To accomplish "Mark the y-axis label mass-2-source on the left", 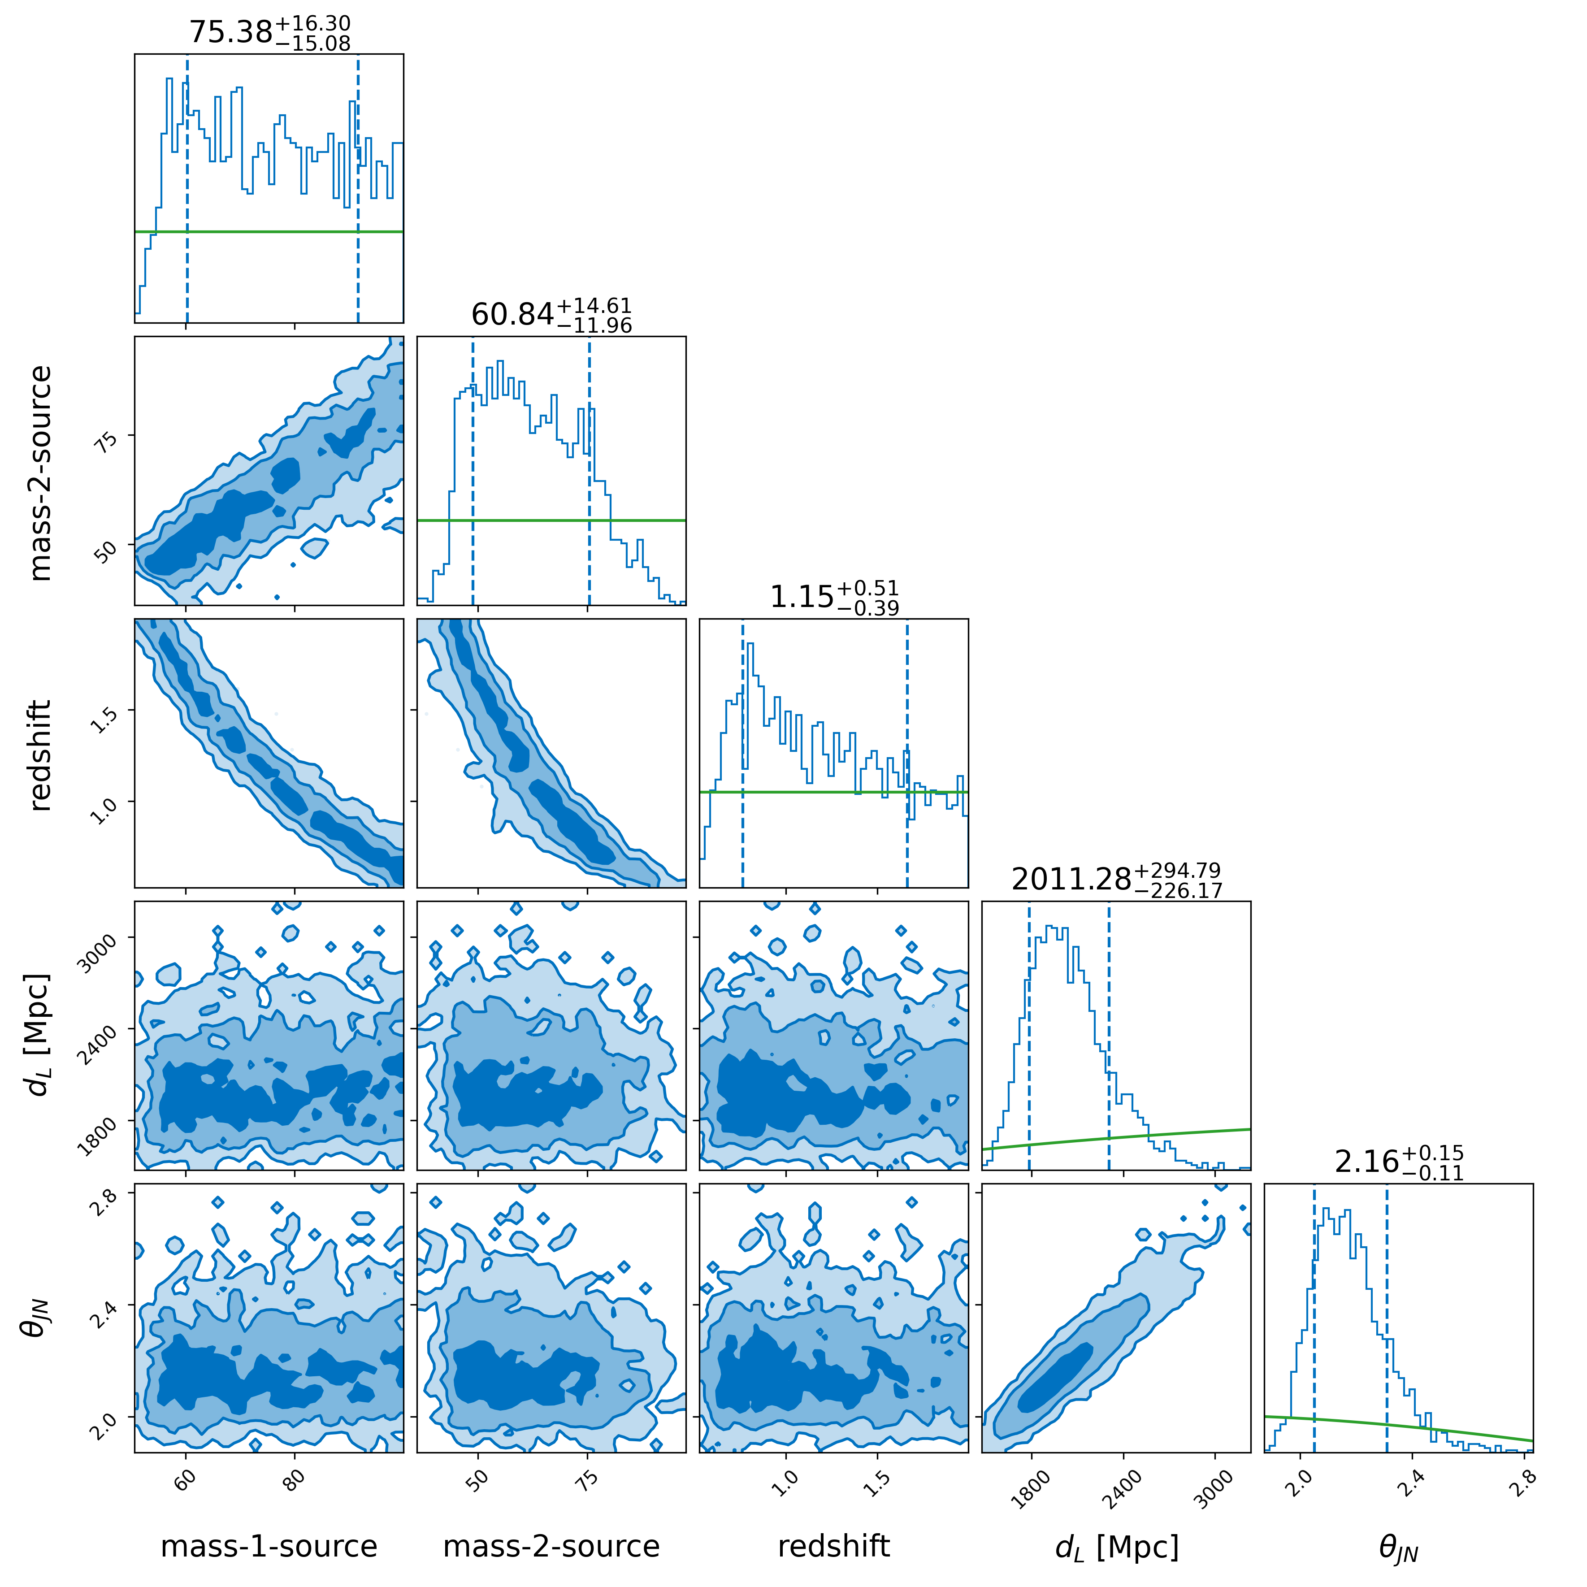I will [x=39, y=473].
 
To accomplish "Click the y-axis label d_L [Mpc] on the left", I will [x=39, y=1035].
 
